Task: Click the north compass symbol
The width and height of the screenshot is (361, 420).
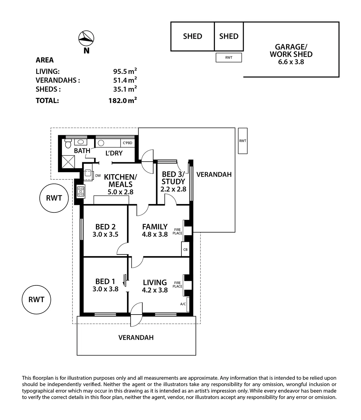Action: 86,38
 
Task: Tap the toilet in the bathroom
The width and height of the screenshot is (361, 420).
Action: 67,144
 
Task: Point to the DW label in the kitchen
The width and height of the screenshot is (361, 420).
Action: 98,175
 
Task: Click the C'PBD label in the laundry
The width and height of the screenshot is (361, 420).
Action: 128,143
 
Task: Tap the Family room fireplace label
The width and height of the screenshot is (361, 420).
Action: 177,231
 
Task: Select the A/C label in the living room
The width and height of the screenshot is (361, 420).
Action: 183,304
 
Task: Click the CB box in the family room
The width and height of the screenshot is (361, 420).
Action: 185,250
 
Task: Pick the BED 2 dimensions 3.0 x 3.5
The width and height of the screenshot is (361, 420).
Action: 105,235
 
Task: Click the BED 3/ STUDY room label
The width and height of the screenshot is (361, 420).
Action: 173,178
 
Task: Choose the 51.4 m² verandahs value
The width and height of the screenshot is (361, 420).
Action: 125,80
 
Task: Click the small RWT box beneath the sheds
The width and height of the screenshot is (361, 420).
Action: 229,57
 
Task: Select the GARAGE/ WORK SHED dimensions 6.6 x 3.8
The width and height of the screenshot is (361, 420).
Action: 291,62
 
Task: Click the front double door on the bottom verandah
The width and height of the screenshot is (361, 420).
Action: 136,315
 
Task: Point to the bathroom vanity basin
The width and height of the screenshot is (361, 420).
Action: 81,142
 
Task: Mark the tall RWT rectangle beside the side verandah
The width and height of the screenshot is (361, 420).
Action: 242,141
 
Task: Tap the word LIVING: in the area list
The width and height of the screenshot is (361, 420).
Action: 48,72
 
